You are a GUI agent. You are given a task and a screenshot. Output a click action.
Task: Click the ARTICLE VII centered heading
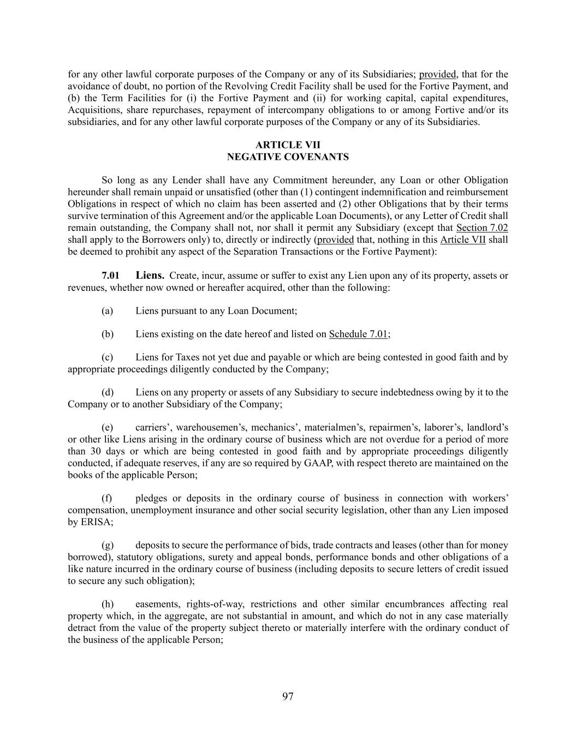coord(288,145)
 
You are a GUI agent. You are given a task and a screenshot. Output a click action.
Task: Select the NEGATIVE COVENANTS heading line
coord(288,157)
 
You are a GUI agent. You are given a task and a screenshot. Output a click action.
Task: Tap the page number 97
coord(288,696)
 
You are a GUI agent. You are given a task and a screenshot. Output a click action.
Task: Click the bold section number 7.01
coord(110,276)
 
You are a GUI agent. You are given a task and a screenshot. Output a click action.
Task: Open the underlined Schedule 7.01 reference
coord(358,335)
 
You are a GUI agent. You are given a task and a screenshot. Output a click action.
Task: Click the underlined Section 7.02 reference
coord(482,228)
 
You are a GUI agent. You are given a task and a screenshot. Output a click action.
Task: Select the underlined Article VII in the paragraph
coord(463,240)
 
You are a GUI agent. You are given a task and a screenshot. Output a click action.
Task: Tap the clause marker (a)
coord(108,311)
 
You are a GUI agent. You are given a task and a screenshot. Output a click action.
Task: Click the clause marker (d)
coord(108,392)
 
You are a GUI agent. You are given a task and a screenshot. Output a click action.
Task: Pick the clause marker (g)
coord(108,545)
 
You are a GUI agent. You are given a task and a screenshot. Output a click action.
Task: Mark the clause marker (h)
coord(108,604)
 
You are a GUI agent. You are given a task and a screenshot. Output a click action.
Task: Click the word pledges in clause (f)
coord(151,498)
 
